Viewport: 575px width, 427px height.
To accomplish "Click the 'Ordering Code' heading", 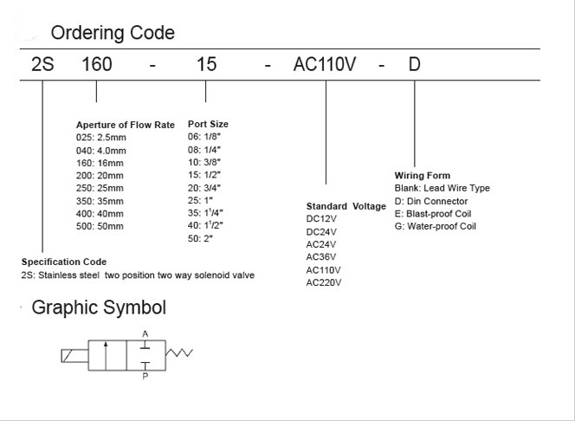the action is tap(113, 33).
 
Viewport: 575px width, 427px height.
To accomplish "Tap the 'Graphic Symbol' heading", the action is tap(99, 307).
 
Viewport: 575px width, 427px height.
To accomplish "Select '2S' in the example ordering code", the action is tap(42, 64).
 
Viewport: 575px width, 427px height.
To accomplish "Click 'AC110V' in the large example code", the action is tap(325, 64).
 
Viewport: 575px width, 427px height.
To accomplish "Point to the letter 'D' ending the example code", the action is tap(415, 64).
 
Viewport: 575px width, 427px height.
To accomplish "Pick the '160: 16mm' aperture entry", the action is tap(100, 163).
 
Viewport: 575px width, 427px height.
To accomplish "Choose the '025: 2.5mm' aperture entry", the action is tap(101, 138).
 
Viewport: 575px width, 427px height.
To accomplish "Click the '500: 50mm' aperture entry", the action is tap(100, 226).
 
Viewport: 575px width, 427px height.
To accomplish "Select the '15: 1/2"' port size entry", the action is tap(204, 175).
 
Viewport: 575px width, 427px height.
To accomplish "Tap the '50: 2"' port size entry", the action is tap(200, 238).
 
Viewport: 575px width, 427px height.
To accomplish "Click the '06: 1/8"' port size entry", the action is tap(204, 137).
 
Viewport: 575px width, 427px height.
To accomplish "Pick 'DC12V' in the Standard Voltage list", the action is tap(321, 219).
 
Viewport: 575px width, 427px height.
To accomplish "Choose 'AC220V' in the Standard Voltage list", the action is tap(324, 282).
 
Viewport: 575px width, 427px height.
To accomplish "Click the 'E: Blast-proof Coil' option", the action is tap(433, 214).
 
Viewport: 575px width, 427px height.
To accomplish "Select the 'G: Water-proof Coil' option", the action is tap(436, 226).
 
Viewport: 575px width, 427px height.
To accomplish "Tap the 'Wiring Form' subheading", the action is tap(423, 175).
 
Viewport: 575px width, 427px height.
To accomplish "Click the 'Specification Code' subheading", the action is tap(64, 262).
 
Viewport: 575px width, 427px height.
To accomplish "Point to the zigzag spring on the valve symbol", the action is tap(179, 353).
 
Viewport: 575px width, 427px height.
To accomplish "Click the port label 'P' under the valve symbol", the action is tap(145, 376).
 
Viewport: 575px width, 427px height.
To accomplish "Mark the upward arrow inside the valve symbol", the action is tap(106, 356).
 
